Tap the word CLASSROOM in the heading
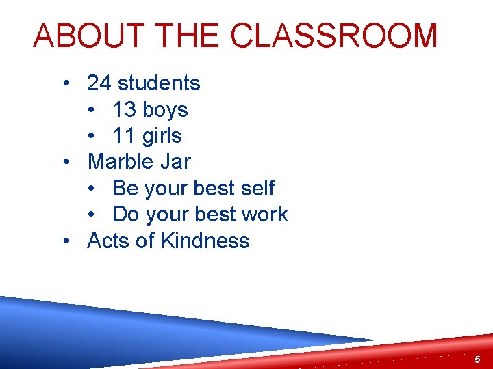333,36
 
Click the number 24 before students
99,83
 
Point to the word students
159,83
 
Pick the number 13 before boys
124,110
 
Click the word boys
165,110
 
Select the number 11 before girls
124,136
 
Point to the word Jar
177,162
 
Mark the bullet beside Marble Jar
67,163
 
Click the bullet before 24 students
67,84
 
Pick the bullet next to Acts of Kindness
67,241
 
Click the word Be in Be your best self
124,188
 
